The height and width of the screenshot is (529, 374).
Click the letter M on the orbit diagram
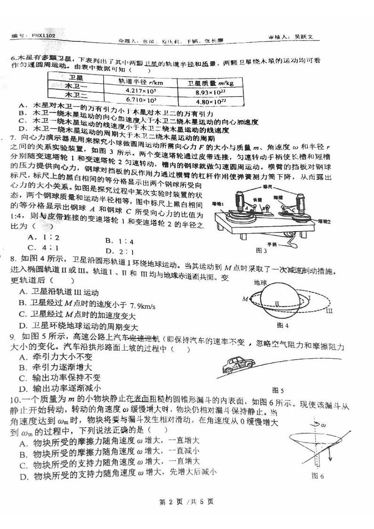click(245, 298)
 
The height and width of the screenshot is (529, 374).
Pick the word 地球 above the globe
click(260, 282)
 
